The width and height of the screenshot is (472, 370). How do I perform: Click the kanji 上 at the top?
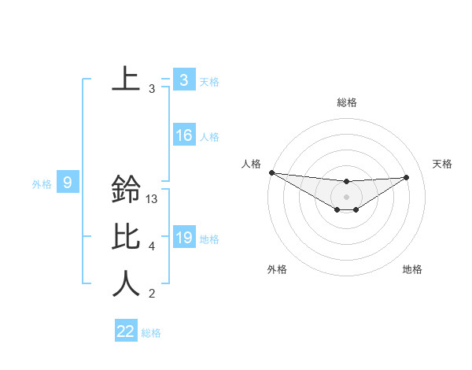point(126,79)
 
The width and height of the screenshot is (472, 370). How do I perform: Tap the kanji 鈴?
point(126,190)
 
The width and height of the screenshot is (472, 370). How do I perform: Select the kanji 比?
point(126,237)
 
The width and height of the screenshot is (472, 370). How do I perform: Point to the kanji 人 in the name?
point(126,283)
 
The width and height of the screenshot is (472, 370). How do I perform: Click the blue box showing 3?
point(183,80)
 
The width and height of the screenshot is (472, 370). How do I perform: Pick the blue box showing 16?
point(183,135)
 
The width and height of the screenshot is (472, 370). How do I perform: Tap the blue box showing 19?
point(183,238)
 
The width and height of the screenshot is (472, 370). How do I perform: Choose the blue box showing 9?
point(68,183)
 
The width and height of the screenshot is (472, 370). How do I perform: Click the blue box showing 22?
point(126,331)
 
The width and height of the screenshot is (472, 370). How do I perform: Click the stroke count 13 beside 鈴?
point(153,199)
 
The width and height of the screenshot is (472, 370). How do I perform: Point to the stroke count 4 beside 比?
point(152,246)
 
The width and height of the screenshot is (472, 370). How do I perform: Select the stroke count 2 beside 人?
point(152,294)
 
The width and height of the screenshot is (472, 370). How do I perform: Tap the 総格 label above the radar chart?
point(347,102)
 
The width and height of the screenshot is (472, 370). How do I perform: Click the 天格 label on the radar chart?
point(442,164)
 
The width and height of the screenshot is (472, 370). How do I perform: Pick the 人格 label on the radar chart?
point(251,164)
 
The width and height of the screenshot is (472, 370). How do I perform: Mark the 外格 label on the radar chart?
point(277,269)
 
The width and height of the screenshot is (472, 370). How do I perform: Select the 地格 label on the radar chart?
point(412,269)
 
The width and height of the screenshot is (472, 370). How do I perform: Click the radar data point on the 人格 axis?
point(271,172)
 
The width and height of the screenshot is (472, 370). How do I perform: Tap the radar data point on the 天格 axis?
point(407,177)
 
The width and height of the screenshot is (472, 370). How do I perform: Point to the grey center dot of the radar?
point(347,197)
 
